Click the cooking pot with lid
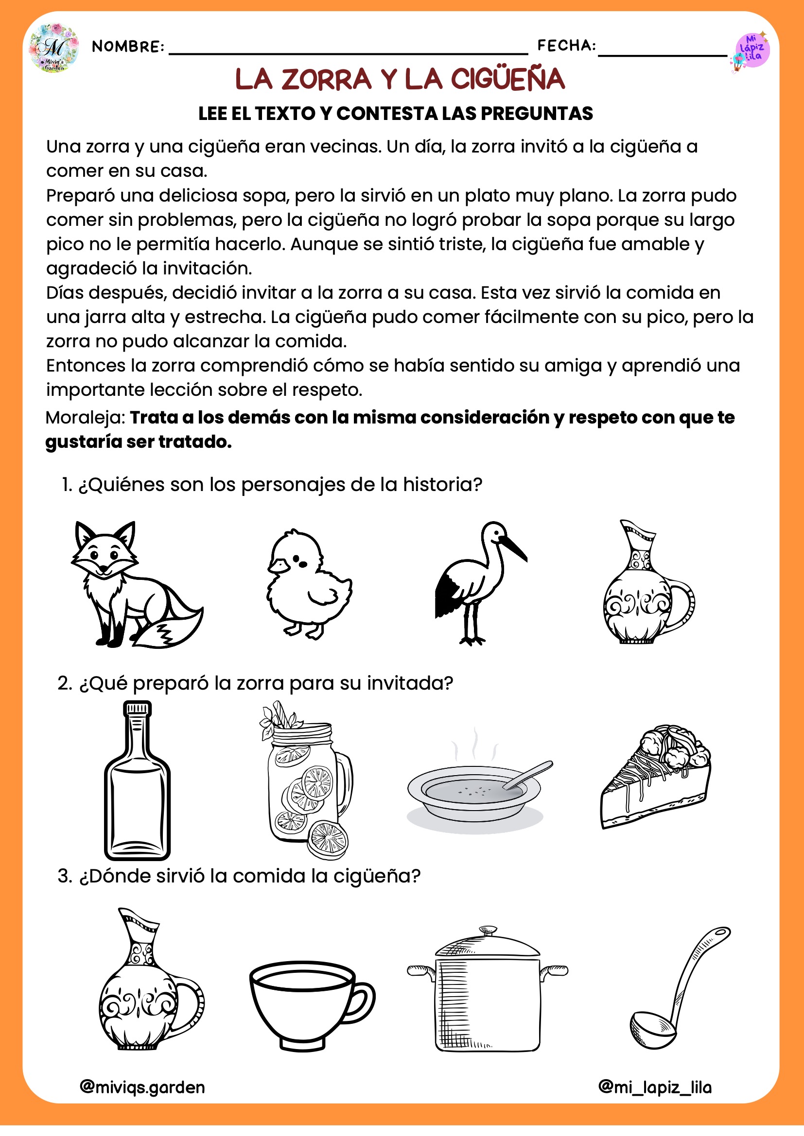coord(487,989)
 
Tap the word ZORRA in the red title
coord(326,80)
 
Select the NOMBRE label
coord(128,47)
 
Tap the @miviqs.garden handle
coord(142,1087)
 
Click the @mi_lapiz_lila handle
coord(655,1087)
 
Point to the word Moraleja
coord(86,418)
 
